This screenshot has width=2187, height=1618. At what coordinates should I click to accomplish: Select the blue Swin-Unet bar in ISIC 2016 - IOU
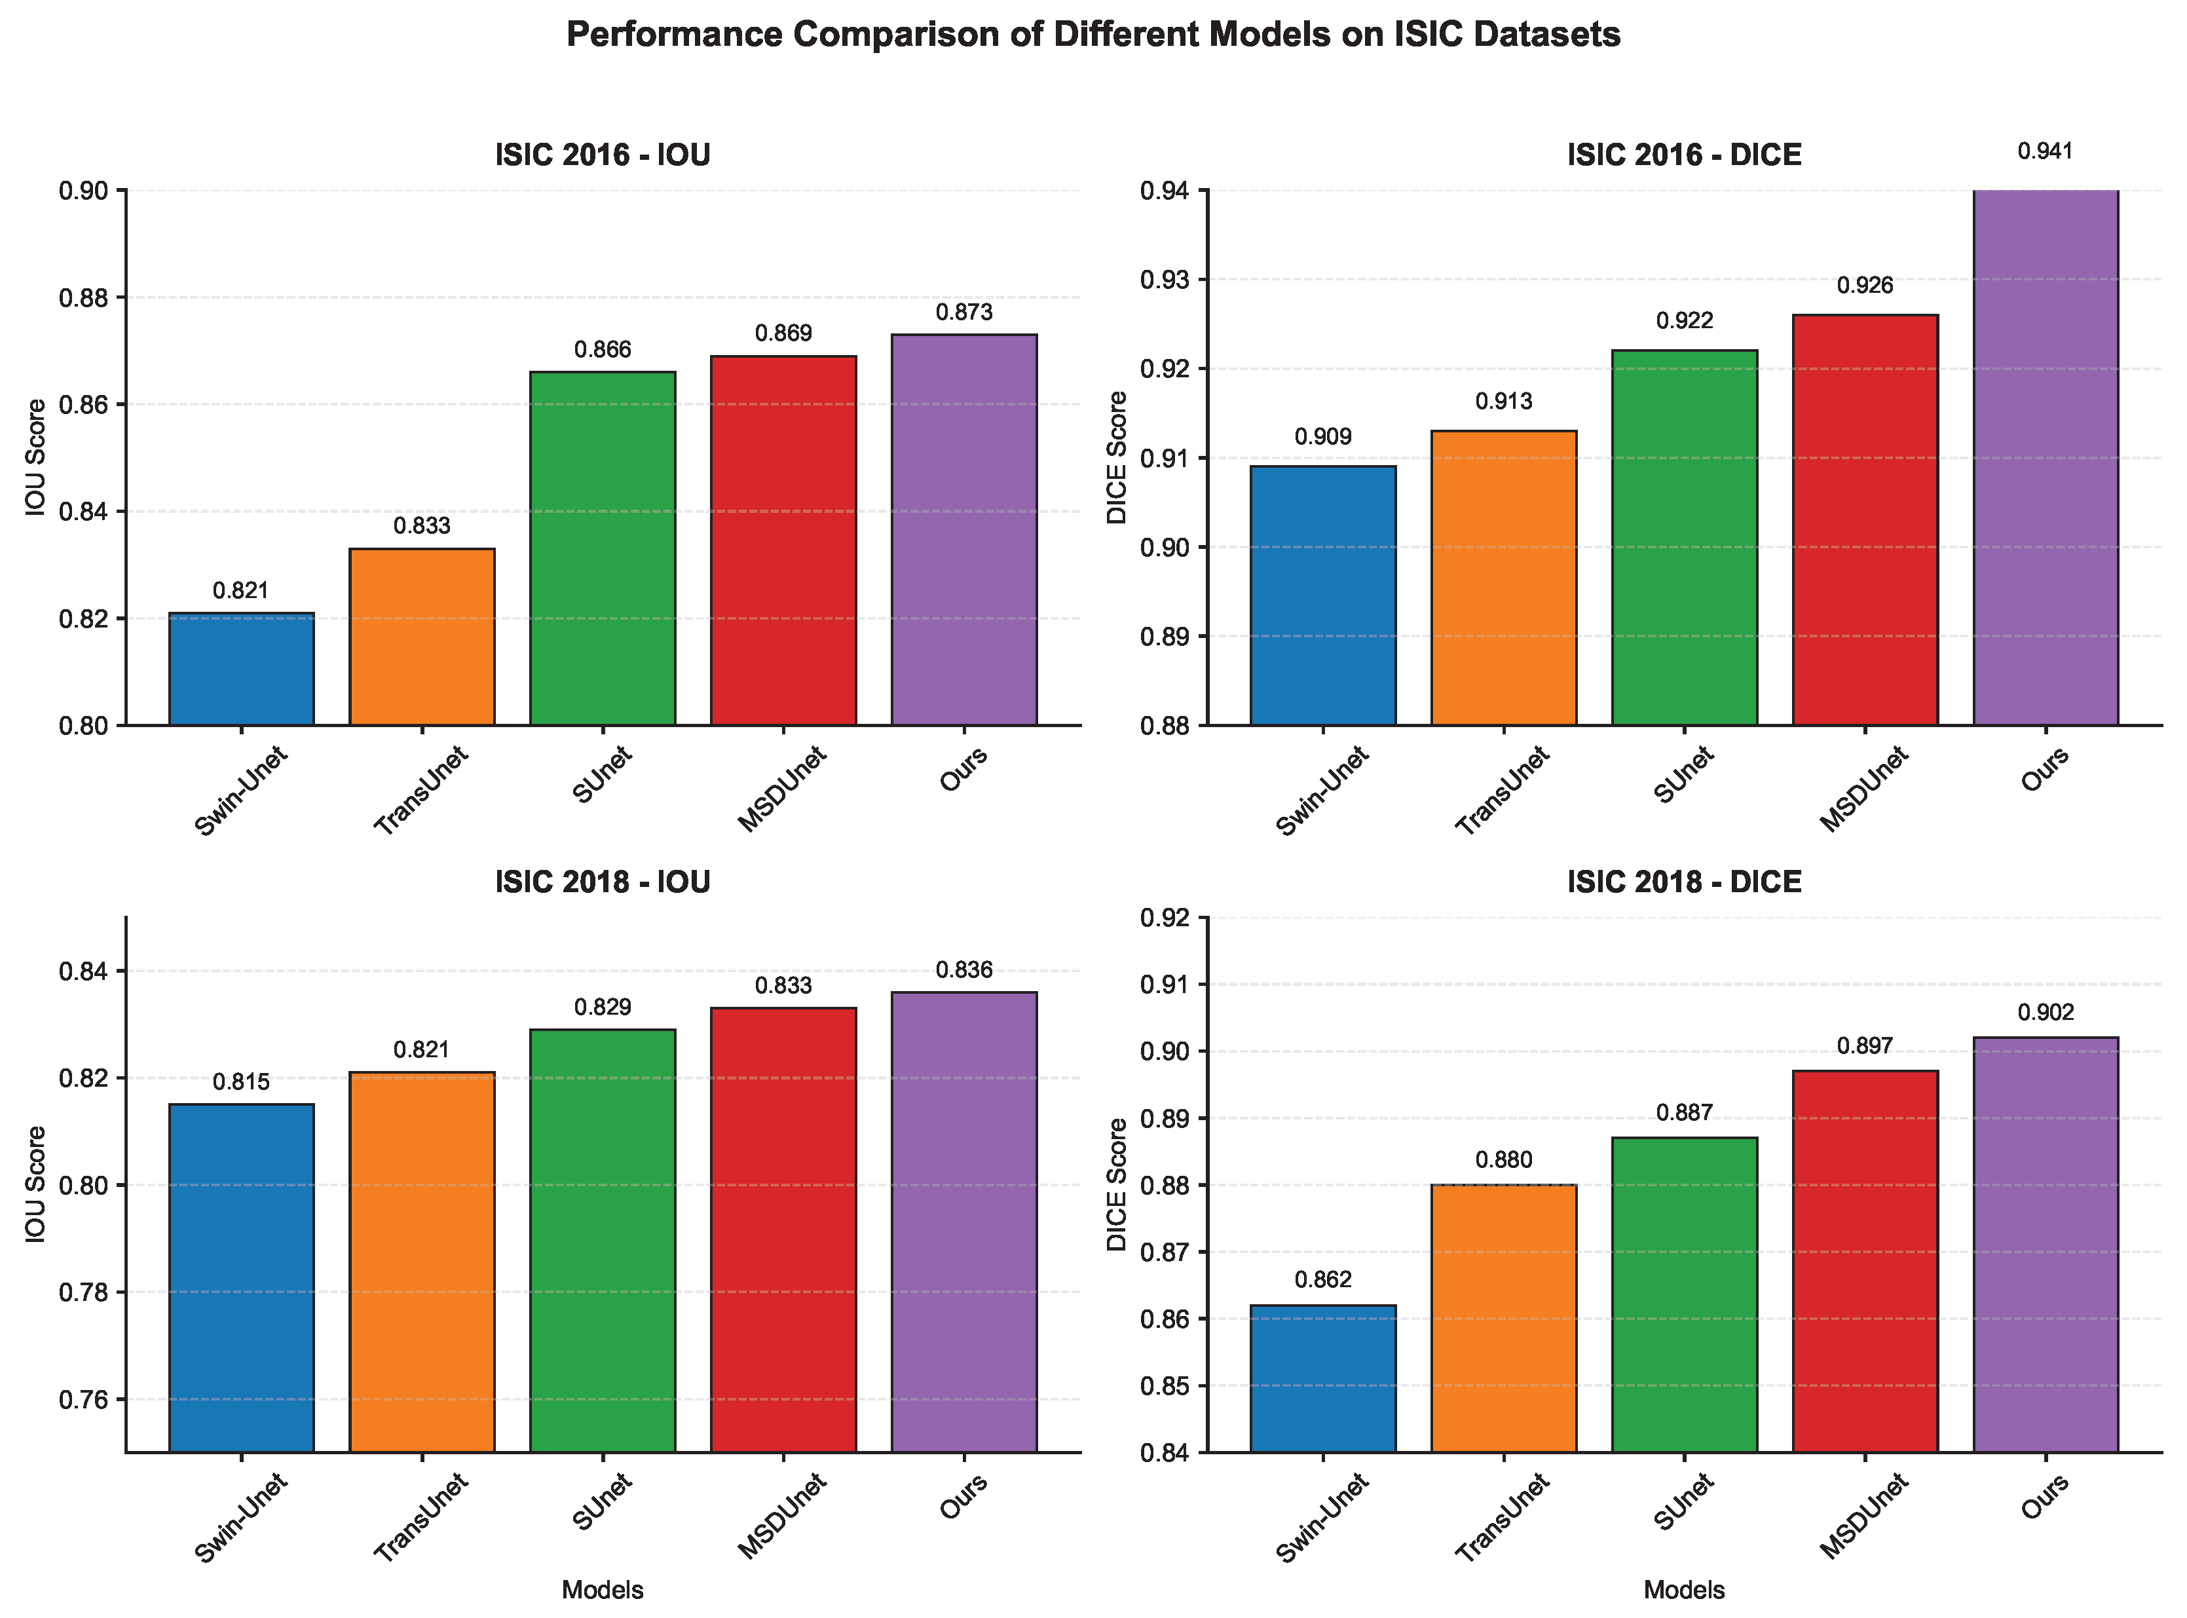pyautogui.click(x=242, y=669)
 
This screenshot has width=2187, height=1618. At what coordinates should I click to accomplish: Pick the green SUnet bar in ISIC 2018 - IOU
pyautogui.click(x=603, y=1240)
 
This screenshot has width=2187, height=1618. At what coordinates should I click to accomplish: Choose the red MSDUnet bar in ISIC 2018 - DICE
pyautogui.click(x=1865, y=1262)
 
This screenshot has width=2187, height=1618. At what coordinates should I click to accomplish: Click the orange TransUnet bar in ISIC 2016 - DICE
pyautogui.click(x=1503, y=578)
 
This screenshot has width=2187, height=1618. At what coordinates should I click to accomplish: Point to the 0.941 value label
pyautogui.click(x=2046, y=152)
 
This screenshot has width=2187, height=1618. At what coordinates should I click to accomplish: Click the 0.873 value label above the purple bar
pyautogui.click(x=963, y=312)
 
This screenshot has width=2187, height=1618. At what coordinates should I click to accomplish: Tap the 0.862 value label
pyautogui.click(x=1323, y=1279)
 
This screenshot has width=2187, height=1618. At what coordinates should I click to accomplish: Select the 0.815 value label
pyautogui.click(x=242, y=1082)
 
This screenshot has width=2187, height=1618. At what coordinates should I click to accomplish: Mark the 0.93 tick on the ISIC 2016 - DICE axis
pyautogui.click(x=1167, y=279)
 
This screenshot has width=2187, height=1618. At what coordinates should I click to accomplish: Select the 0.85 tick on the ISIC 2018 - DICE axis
pyautogui.click(x=1167, y=1386)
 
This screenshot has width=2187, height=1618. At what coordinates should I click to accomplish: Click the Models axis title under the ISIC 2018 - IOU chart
pyautogui.click(x=603, y=1590)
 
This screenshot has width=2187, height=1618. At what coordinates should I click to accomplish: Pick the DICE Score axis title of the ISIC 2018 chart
pyautogui.click(x=1117, y=1185)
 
